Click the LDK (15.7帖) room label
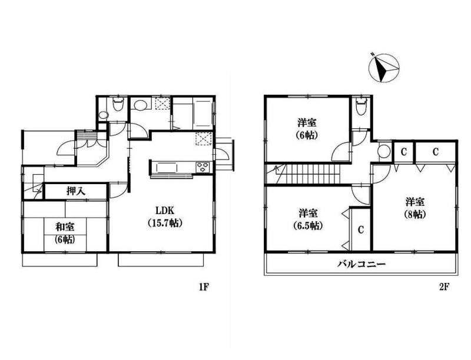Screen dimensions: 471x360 tap(165, 216)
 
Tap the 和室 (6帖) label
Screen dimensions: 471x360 tap(65, 233)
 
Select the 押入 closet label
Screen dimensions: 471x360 tap(76, 191)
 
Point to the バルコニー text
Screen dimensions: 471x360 tap(361, 264)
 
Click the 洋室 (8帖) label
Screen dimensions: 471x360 tap(415, 208)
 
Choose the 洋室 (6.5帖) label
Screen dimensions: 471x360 tap(308, 219)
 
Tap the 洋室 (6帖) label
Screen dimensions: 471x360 tap(307, 128)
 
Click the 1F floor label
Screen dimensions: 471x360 tap(203, 287)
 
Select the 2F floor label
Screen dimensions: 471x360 tap(444, 287)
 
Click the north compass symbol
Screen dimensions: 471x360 tap(384, 68)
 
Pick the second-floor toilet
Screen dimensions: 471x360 tap(361, 107)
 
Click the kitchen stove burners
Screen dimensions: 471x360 tap(204, 167)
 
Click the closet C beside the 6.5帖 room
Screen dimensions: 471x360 tap(361, 229)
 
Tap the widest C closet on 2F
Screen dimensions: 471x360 tap(435, 152)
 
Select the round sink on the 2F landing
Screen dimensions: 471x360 tap(384, 151)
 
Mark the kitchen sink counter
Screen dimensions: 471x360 tap(167, 168)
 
